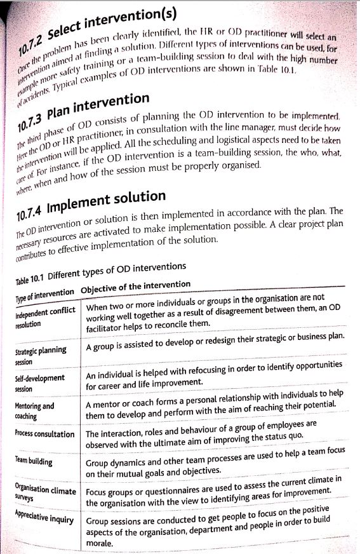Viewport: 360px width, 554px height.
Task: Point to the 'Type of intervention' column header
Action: coord(44,293)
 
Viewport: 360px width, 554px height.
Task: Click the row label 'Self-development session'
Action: coord(39,383)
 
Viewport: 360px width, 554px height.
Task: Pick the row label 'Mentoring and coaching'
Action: coord(34,410)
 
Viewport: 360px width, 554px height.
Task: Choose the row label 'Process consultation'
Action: coord(44,434)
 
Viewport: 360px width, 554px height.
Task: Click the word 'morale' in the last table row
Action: coord(98,544)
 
